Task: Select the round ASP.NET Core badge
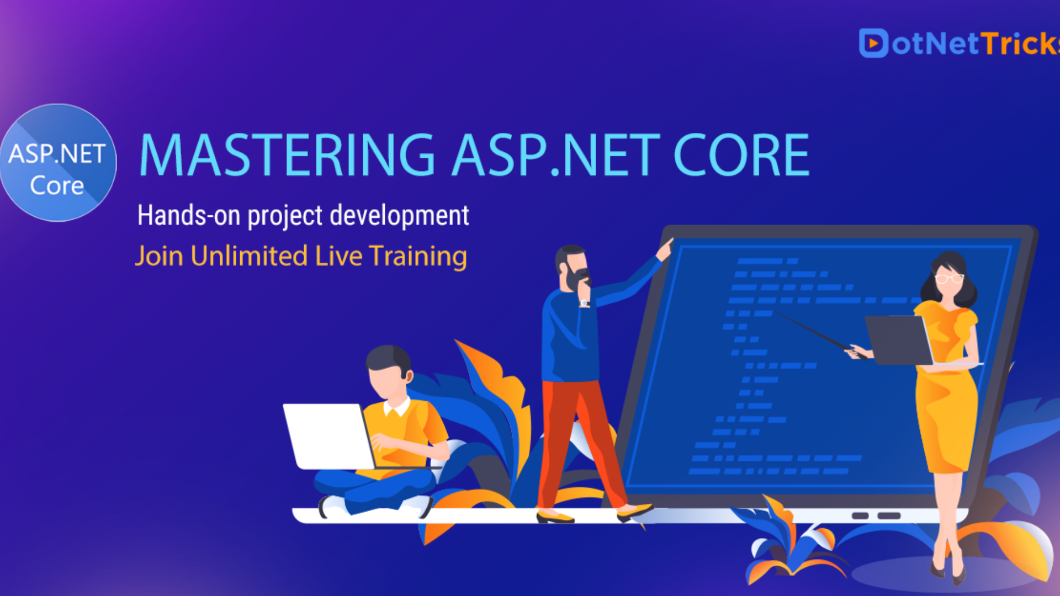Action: pyautogui.click(x=58, y=163)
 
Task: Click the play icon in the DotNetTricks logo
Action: pyautogui.click(x=873, y=43)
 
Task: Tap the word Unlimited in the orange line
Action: pyautogui.click(x=249, y=256)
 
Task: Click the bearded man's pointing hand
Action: pyautogui.click(x=665, y=248)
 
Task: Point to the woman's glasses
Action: pyautogui.click(x=949, y=278)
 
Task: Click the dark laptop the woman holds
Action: pyautogui.click(x=898, y=340)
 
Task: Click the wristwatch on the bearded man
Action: pyautogui.click(x=585, y=303)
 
